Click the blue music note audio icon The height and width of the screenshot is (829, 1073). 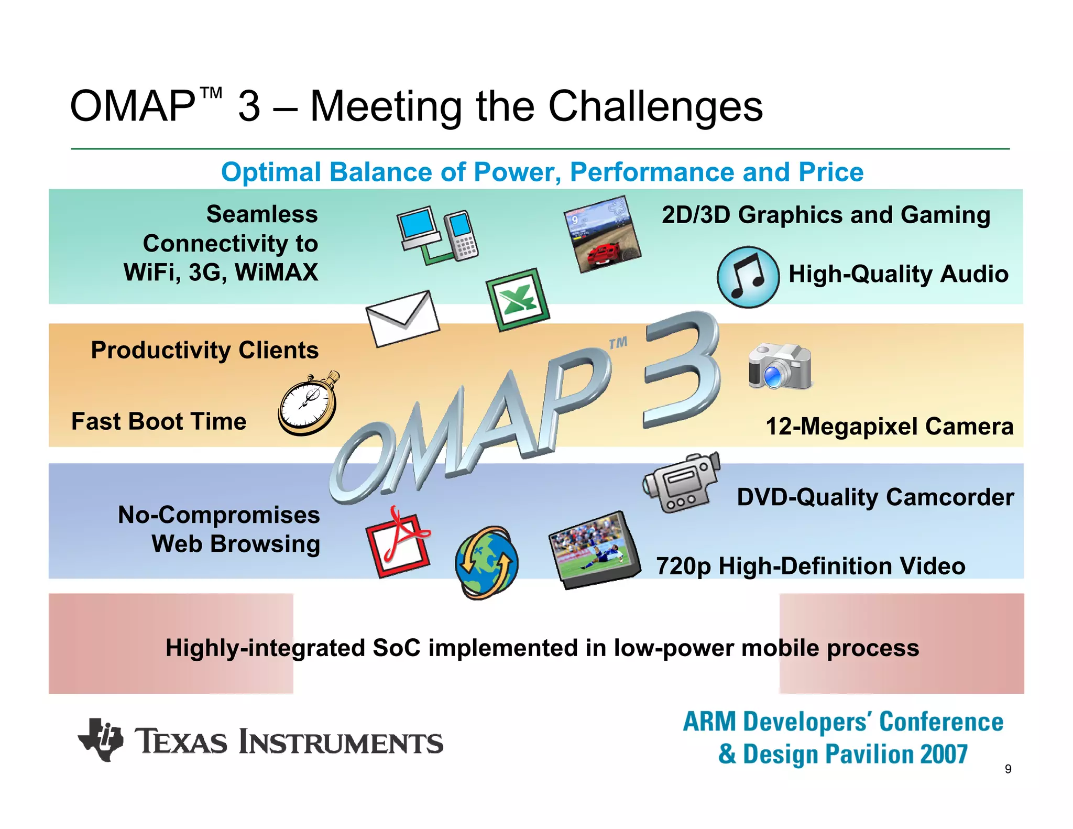tap(748, 277)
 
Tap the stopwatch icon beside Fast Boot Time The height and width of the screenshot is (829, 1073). tap(308, 405)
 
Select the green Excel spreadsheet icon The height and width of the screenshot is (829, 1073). tap(518, 300)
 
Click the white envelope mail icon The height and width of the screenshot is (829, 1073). tap(402, 319)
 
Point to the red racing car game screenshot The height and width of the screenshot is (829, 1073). tap(603, 234)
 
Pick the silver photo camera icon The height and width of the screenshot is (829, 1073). tap(780, 366)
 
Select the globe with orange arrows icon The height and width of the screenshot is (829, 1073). tap(486, 563)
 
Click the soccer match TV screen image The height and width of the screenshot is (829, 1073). tap(594, 550)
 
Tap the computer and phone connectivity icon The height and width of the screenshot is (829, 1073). tap(437, 234)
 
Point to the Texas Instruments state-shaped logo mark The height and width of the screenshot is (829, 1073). tap(101, 739)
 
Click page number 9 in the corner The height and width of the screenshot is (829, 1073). tap(1008, 769)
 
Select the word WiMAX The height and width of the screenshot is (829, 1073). tap(276, 272)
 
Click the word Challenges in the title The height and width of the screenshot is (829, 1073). tap(655, 106)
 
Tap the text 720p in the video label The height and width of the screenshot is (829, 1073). tap(683, 566)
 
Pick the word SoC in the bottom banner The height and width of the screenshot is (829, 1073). tap(397, 648)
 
